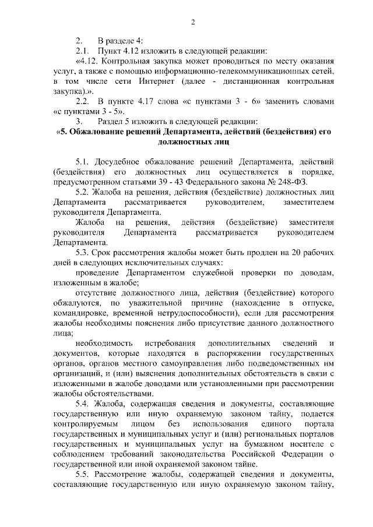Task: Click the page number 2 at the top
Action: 193,23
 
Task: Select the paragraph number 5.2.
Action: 84,192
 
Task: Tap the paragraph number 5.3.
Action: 84,252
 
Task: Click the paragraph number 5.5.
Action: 84,474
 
